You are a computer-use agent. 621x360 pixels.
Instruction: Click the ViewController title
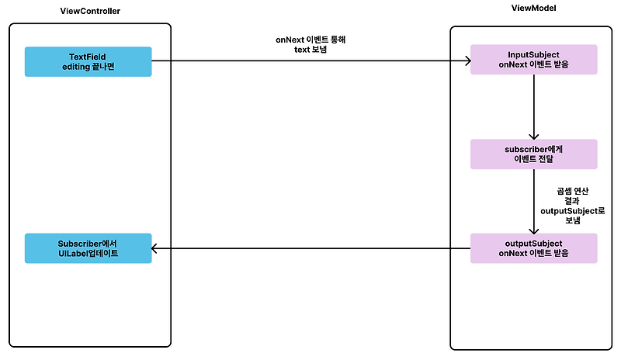[x=89, y=10]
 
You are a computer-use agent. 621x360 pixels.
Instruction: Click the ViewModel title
[x=533, y=8]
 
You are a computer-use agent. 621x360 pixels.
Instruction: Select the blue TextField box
[x=88, y=61]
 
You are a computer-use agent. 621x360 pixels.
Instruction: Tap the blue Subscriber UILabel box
[x=88, y=247]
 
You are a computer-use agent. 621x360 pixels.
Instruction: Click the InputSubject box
[x=533, y=60]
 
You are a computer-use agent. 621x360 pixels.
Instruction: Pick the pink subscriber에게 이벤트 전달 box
[x=533, y=154]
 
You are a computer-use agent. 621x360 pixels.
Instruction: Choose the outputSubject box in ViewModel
[x=533, y=247]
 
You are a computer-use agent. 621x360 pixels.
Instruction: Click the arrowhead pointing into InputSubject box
[x=466, y=61]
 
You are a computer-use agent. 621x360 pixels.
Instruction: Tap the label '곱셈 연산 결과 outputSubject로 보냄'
[x=573, y=205]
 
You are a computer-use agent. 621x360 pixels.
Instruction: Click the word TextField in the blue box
[x=88, y=56]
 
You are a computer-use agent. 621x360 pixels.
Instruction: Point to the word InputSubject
[x=533, y=54]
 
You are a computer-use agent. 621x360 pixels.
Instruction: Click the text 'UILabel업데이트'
[x=88, y=253]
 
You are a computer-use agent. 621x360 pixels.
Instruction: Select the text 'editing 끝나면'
[x=88, y=67]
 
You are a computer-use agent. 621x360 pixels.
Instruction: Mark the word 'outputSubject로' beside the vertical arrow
[x=573, y=210]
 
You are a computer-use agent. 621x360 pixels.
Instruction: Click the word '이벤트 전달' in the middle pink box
[x=533, y=160]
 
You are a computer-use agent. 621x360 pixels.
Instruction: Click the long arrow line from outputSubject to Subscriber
[x=310, y=248]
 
